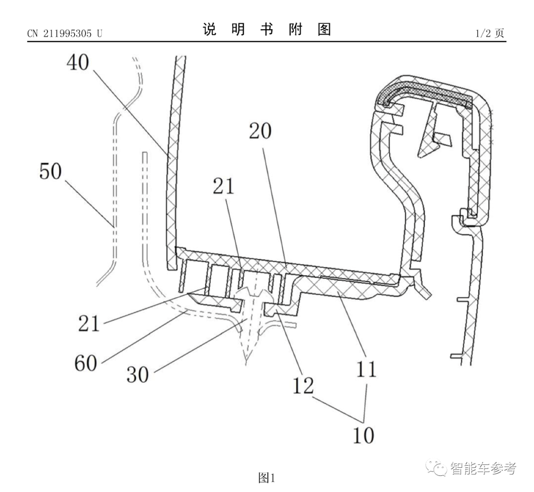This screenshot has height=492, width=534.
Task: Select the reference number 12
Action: [x=302, y=385]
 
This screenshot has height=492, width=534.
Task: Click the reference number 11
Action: [x=365, y=369]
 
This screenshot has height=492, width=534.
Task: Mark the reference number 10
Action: [x=364, y=435]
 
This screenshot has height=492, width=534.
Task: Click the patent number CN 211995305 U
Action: [x=65, y=34]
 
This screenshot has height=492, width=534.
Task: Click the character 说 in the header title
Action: [x=210, y=30]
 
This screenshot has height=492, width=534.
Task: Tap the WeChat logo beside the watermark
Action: [x=438, y=468]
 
